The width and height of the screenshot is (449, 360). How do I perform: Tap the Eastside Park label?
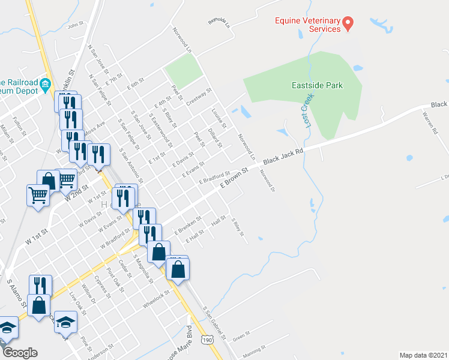pyautogui.click(x=317, y=85)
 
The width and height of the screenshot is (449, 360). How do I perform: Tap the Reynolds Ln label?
pyautogui.click(x=219, y=23)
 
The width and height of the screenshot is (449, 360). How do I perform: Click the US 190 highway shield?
pyautogui.click(x=206, y=339)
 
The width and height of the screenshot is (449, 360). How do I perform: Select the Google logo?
pyautogui.click(x=20, y=353)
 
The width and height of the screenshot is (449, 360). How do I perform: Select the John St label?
pyautogui.click(x=74, y=26)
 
